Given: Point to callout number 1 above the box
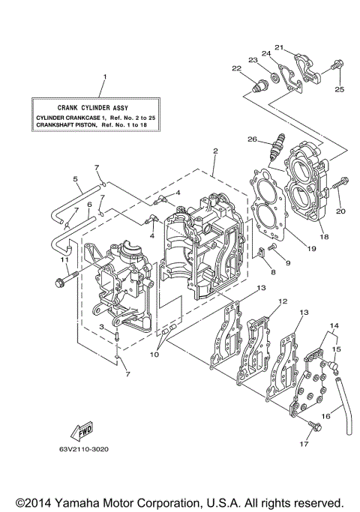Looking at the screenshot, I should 105,76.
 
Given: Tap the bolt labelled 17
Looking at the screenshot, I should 314,427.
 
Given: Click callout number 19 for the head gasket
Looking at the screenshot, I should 310,246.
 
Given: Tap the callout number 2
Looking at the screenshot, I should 214,151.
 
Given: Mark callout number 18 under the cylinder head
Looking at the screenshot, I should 325,235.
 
